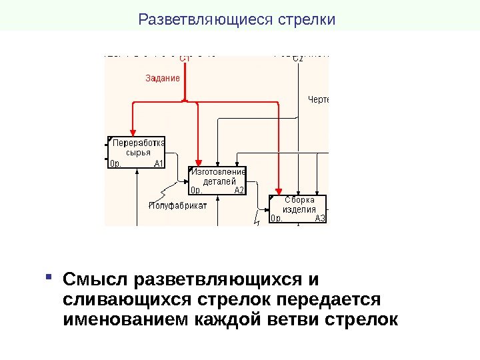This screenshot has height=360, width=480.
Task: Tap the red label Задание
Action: pos(163,78)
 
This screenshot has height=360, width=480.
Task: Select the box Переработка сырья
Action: pos(138,147)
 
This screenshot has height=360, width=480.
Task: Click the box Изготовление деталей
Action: pos(218,176)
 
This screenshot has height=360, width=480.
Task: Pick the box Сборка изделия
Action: pos(298,205)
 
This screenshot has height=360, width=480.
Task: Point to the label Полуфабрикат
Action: pos(177,205)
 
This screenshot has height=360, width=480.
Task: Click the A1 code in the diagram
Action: pos(159,163)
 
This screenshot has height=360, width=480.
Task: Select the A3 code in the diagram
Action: pos(320,218)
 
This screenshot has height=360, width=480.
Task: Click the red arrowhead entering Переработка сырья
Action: pos(133,132)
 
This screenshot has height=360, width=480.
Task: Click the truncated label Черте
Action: pos(318,100)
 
